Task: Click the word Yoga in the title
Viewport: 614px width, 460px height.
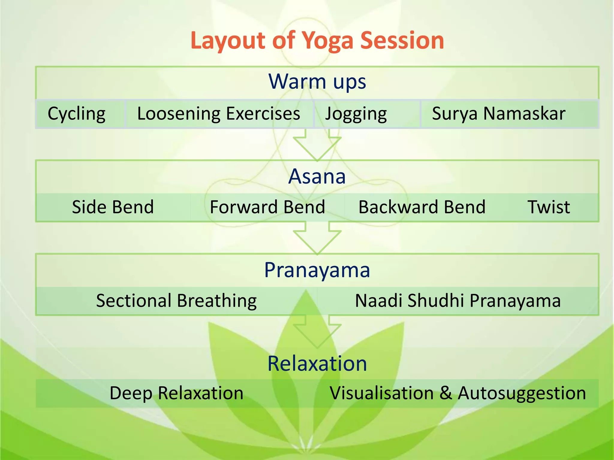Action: tap(327, 41)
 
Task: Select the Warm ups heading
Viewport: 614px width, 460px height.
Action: tap(317, 81)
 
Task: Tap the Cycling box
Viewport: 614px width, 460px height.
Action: tap(77, 114)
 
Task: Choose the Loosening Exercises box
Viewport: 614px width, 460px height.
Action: tap(219, 114)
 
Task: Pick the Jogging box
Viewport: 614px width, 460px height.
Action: tap(356, 114)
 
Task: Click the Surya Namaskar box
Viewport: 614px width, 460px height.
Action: tap(499, 114)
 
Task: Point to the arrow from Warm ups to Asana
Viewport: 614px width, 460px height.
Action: tap(317, 145)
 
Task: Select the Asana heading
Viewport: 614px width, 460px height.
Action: tap(317, 176)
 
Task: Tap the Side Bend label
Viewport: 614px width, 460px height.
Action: tap(113, 207)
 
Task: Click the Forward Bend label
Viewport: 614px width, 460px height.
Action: tap(267, 207)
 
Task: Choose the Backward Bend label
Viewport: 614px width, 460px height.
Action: tap(422, 207)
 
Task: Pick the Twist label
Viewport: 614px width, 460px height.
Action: tap(549, 207)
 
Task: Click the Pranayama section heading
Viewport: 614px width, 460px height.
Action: tap(317, 270)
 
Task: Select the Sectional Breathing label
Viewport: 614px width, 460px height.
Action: tap(176, 301)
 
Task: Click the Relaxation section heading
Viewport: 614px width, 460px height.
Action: tap(317, 364)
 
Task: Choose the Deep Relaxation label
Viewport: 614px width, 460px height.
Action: tap(176, 393)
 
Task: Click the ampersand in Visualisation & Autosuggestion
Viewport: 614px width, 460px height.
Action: tap(446, 393)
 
